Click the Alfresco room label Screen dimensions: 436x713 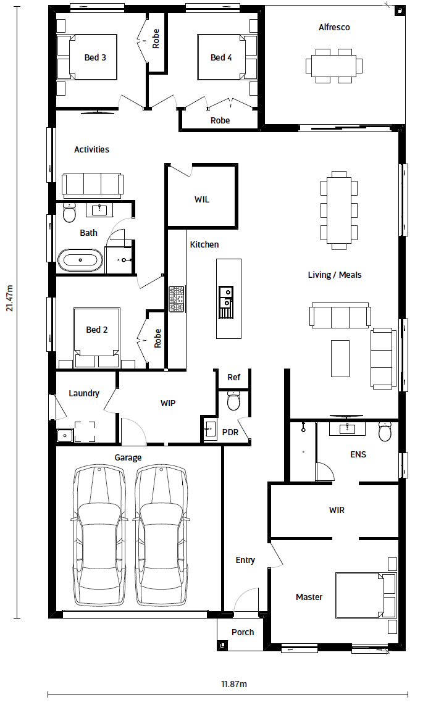(x=334, y=27)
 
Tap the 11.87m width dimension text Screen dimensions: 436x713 (x=234, y=684)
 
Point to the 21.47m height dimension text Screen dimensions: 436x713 (x=9, y=298)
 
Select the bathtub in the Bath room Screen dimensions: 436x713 (x=80, y=260)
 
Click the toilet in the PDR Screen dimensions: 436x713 (x=233, y=400)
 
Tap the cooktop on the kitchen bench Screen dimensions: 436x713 (x=177, y=299)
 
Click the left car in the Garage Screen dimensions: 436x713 (x=99, y=535)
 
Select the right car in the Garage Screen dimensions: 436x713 (x=162, y=535)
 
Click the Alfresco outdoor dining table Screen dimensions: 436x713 (x=334, y=66)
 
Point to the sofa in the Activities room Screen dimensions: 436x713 (x=93, y=185)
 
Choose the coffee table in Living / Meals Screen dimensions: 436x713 (x=340, y=358)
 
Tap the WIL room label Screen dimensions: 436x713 (x=202, y=199)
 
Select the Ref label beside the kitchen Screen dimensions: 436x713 (x=233, y=377)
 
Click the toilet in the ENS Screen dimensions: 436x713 (x=385, y=431)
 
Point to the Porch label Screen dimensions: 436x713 (x=243, y=632)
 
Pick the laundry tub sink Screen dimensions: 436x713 (x=65, y=436)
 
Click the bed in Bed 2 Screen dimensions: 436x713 (x=97, y=338)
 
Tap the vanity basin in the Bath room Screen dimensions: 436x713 (x=99, y=210)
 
